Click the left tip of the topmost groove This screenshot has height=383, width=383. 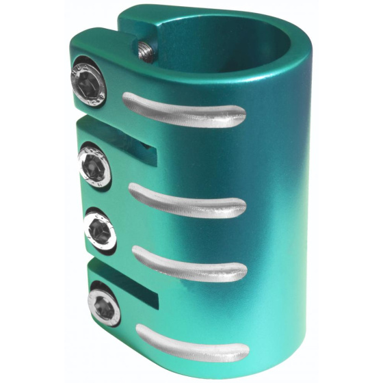[x=127, y=101]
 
